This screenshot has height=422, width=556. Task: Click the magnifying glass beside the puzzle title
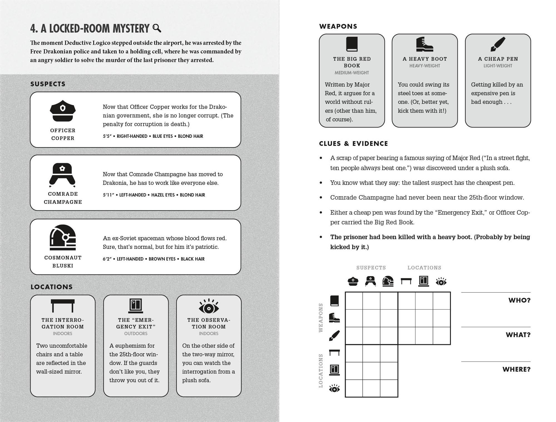point(157,28)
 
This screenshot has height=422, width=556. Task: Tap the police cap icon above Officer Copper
point(63,111)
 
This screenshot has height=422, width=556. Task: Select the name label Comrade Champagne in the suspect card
point(63,198)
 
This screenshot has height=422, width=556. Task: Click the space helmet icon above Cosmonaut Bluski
point(63,237)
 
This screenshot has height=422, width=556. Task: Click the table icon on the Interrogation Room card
point(63,306)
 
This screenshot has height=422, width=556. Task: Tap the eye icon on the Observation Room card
point(209,306)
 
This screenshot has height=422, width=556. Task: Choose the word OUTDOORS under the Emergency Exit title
point(136,333)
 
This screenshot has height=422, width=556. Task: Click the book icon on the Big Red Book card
point(352,44)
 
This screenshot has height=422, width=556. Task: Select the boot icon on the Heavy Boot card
point(424,44)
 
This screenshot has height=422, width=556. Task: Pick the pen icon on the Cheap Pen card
point(498,44)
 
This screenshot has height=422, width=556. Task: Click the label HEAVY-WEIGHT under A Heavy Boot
point(425,66)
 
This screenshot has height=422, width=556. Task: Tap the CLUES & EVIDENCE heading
point(353,144)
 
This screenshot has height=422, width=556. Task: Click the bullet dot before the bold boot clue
point(321,237)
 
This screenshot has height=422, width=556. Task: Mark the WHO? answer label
point(519,300)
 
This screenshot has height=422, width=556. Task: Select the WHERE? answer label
point(516,369)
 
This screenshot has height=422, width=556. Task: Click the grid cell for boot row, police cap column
point(354,318)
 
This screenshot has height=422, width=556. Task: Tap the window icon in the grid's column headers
point(424,281)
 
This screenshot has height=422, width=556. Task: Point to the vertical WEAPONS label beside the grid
point(321,318)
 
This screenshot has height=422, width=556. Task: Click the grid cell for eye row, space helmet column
point(389,388)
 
